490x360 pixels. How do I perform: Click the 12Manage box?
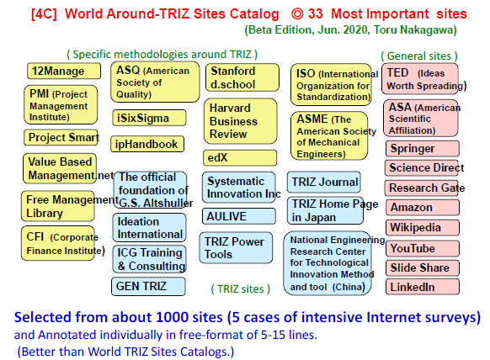[64, 71]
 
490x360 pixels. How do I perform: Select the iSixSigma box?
[149, 118]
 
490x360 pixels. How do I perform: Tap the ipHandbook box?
[147, 144]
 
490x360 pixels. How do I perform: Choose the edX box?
[240, 157]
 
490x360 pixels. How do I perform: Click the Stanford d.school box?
[242, 77]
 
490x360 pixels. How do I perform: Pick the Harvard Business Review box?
[240, 121]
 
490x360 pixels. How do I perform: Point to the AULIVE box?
[239, 216]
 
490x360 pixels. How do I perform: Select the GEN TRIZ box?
[148, 286]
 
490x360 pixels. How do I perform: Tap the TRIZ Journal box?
[324, 182]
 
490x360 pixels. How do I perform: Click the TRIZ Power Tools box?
[236, 247]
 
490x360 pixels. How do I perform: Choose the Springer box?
[423, 148]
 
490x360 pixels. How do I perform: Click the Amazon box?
[423, 207]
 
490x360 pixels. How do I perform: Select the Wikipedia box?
[423, 227]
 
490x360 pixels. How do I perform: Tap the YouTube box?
[423, 248]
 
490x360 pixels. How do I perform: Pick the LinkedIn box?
[423, 287]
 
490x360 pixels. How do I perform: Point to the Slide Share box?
[423, 267]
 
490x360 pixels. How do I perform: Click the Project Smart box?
[61, 137]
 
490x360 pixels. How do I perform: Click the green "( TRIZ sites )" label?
[240, 289]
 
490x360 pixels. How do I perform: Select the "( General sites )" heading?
[419, 56]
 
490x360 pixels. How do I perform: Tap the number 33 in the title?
[315, 14]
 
